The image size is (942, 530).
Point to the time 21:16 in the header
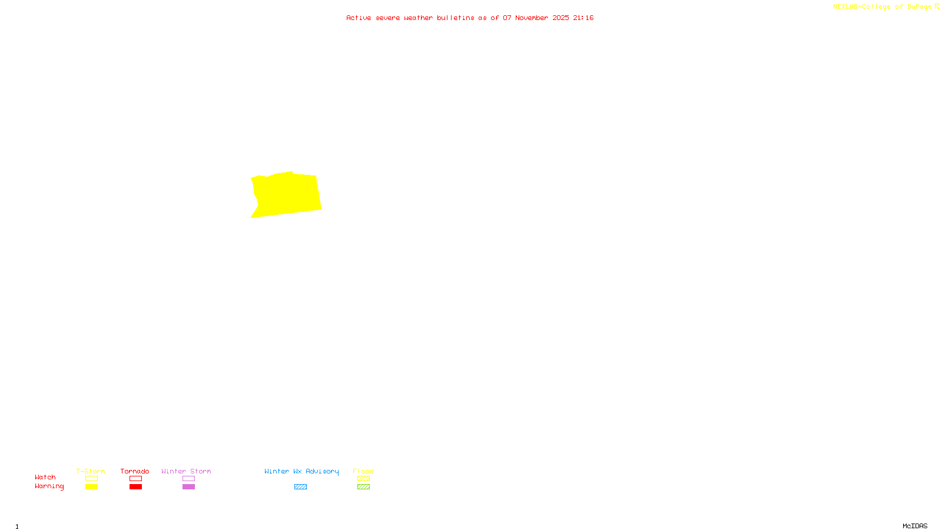click(583, 18)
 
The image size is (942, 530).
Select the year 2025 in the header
click(560, 18)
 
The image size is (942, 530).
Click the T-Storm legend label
click(91, 471)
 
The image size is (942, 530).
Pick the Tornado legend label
click(135, 471)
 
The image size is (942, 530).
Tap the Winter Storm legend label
click(186, 471)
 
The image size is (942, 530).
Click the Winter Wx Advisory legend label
click(301, 471)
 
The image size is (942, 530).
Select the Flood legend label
click(363, 471)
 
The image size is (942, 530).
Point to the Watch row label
click(45, 477)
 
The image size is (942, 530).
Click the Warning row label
click(49, 486)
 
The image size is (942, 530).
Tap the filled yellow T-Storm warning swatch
click(91, 487)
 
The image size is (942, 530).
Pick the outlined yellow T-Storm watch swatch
click(91, 479)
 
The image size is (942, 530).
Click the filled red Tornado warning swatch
click(135, 487)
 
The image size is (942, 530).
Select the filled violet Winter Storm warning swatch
click(188, 487)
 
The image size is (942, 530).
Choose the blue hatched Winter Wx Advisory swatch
click(300, 487)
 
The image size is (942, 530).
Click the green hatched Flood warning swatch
click(363, 487)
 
